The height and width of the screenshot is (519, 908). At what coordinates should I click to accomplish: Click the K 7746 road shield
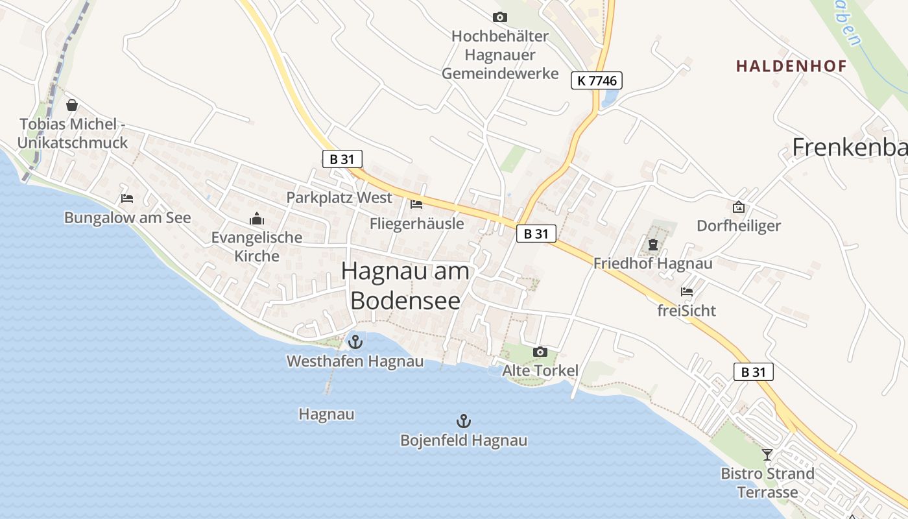(597, 80)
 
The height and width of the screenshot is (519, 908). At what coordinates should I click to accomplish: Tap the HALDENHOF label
(791, 66)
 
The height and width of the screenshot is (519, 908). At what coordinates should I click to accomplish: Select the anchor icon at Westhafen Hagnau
(355, 341)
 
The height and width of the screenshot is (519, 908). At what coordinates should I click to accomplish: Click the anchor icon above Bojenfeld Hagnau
(463, 420)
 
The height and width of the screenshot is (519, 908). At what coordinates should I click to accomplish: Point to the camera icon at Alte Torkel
(540, 352)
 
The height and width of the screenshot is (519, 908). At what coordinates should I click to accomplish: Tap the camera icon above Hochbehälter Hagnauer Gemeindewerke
(499, 17)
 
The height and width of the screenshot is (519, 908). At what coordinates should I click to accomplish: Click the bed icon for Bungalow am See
(127, 198)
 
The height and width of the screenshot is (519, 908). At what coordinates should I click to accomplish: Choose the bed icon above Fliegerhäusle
(416, 204)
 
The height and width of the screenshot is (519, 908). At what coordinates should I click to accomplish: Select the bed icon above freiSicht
(686, 291)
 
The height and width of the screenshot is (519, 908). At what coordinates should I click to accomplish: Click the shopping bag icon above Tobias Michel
(72, 104)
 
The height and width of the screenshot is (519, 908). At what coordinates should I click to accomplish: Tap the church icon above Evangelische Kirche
(257, 219)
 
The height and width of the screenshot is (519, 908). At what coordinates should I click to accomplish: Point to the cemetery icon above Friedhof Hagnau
(652, 245)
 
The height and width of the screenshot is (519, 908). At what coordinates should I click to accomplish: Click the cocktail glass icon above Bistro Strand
(767, 454)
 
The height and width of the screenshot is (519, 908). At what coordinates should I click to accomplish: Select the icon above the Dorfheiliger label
(738, 207)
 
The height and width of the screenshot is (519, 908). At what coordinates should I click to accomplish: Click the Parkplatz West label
(339, 198)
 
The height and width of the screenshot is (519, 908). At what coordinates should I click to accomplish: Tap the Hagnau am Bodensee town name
(405, 285)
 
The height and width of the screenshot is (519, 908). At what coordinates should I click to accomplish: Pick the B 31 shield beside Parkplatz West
(342, 158)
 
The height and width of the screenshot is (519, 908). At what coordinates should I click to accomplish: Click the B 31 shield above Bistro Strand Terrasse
(754, 372)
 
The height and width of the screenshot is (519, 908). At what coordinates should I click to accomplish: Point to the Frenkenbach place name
(850, 148)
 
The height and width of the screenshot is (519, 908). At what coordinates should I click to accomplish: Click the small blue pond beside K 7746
(610, 97)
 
